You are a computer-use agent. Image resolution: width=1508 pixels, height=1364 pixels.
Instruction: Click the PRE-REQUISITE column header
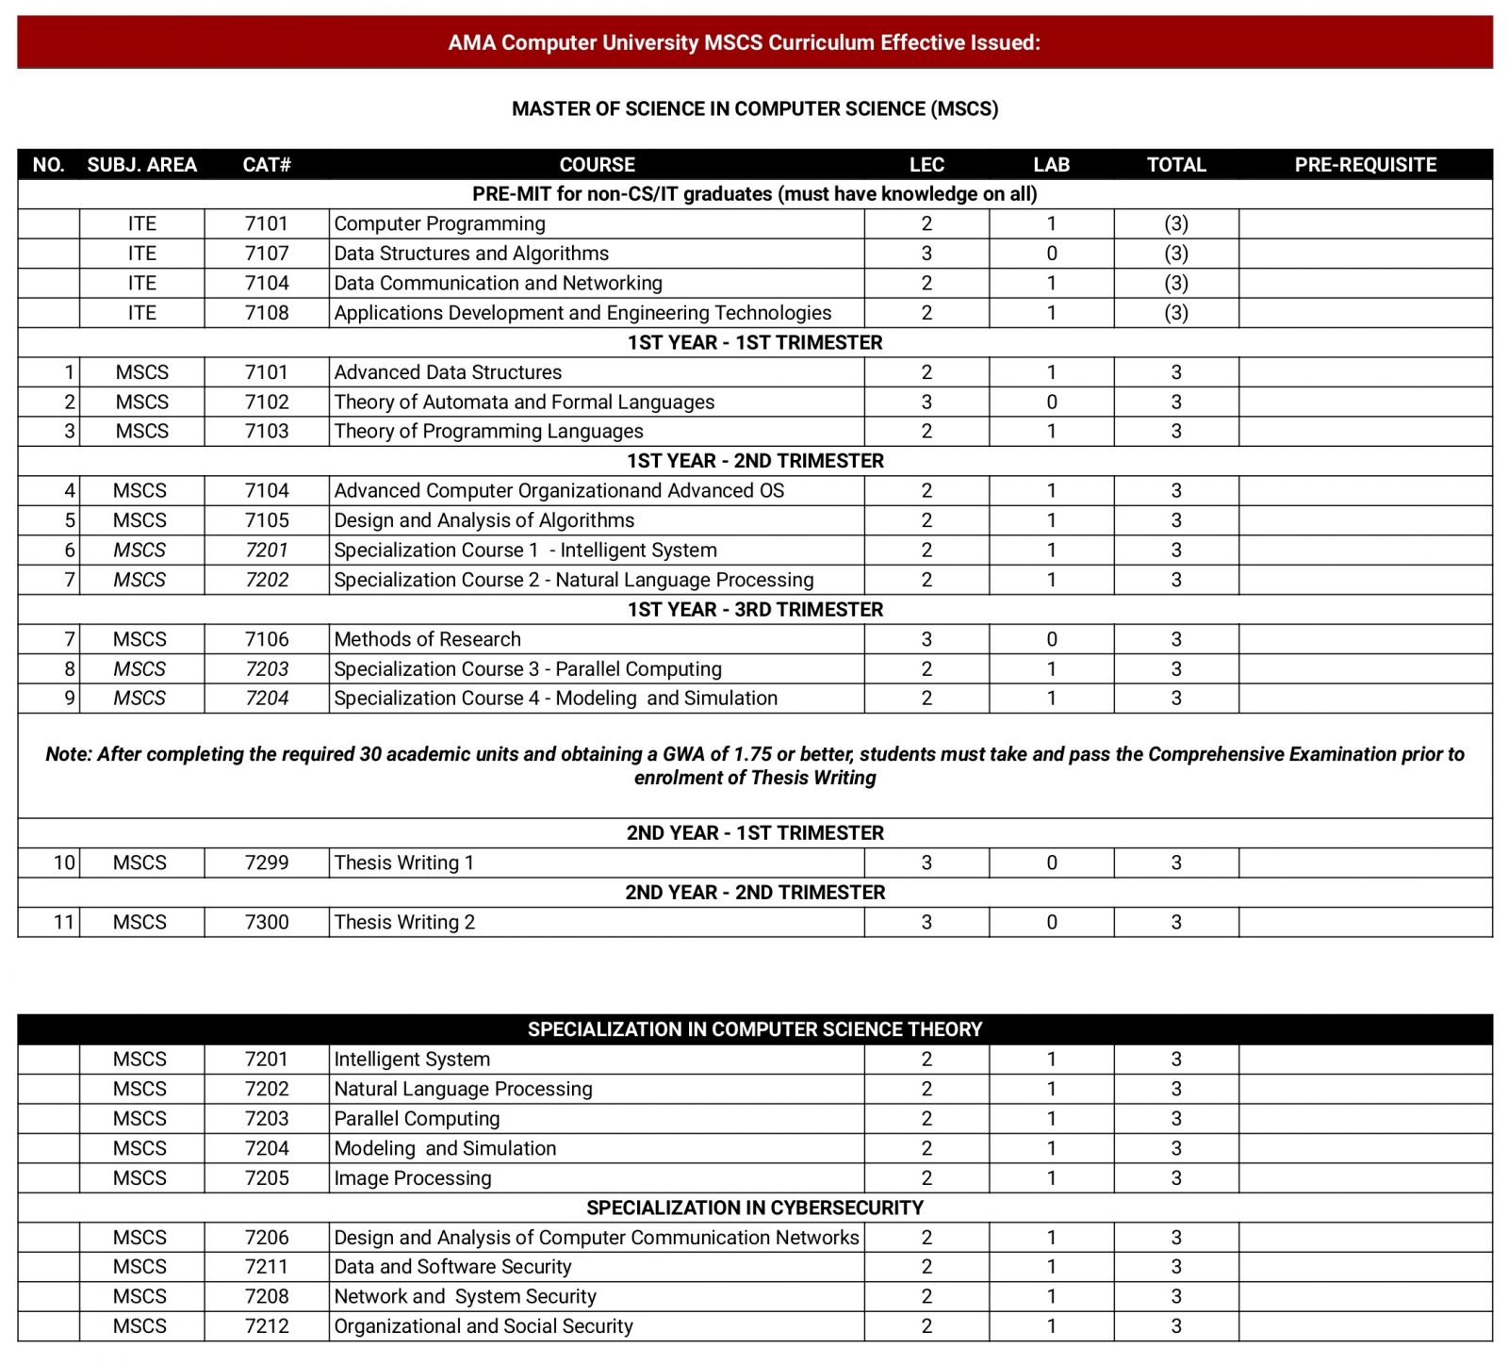(1365, 165)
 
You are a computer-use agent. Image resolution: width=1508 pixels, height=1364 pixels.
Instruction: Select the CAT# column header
(267, 165)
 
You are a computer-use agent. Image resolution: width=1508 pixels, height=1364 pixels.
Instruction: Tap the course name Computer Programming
(439, 223)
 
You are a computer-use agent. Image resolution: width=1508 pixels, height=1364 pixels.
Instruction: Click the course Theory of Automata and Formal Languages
(524, 402)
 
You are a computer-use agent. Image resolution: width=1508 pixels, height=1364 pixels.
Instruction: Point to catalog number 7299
(267, 863)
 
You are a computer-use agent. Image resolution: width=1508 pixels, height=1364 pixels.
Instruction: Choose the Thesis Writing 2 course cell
(404, 922)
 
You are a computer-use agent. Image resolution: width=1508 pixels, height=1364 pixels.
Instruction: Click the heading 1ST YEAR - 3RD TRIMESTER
(755, 609)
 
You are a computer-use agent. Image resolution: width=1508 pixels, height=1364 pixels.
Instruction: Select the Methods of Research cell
(427, 639)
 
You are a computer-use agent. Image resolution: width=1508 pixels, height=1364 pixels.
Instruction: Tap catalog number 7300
(267, 922)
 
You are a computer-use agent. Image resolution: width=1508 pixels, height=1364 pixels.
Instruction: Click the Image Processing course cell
(413, 1177)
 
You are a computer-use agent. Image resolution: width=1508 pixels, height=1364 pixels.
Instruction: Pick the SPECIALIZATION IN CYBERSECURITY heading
(755, 1208)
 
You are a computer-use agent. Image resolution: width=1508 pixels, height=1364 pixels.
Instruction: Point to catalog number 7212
(267, 1325)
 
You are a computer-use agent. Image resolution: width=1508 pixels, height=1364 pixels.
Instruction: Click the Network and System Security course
(465, 1296)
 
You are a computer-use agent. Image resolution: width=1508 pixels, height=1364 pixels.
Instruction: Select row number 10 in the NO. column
(64, 863)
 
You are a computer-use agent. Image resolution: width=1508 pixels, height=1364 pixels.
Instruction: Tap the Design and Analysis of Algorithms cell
(484, 520)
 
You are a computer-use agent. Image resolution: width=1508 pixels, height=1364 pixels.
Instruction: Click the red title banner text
(744, 42)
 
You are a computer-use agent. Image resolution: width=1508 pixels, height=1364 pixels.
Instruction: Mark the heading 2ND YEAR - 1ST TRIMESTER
(755, 832)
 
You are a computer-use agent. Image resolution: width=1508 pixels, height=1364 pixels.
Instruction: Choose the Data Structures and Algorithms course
(471, 253)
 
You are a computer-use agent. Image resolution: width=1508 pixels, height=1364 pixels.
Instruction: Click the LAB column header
(1051, 165)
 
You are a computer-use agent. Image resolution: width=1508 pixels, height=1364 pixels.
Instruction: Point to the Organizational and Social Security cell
(484, 1325)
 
